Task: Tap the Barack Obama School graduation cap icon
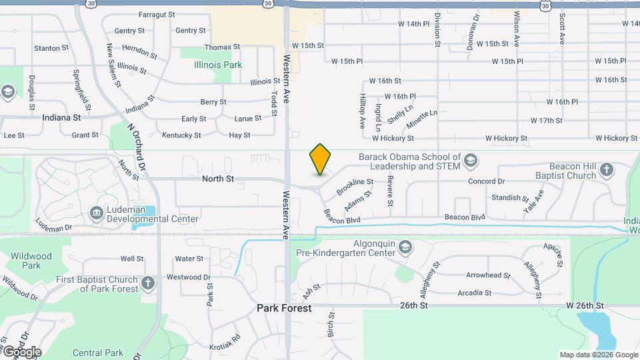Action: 471,160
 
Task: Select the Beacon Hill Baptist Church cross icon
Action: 607,169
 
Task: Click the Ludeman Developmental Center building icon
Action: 95,213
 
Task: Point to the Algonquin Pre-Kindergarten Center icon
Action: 405,249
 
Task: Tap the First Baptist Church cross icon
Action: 148,283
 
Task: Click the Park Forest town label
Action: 285,309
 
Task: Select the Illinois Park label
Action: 218,65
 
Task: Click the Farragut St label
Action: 157,14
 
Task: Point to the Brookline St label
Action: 355,186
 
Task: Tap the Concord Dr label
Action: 487,181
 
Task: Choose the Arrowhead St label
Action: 488,275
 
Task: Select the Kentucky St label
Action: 181,135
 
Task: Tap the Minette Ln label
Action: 422,119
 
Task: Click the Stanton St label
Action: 51,49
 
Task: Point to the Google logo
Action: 21,352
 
